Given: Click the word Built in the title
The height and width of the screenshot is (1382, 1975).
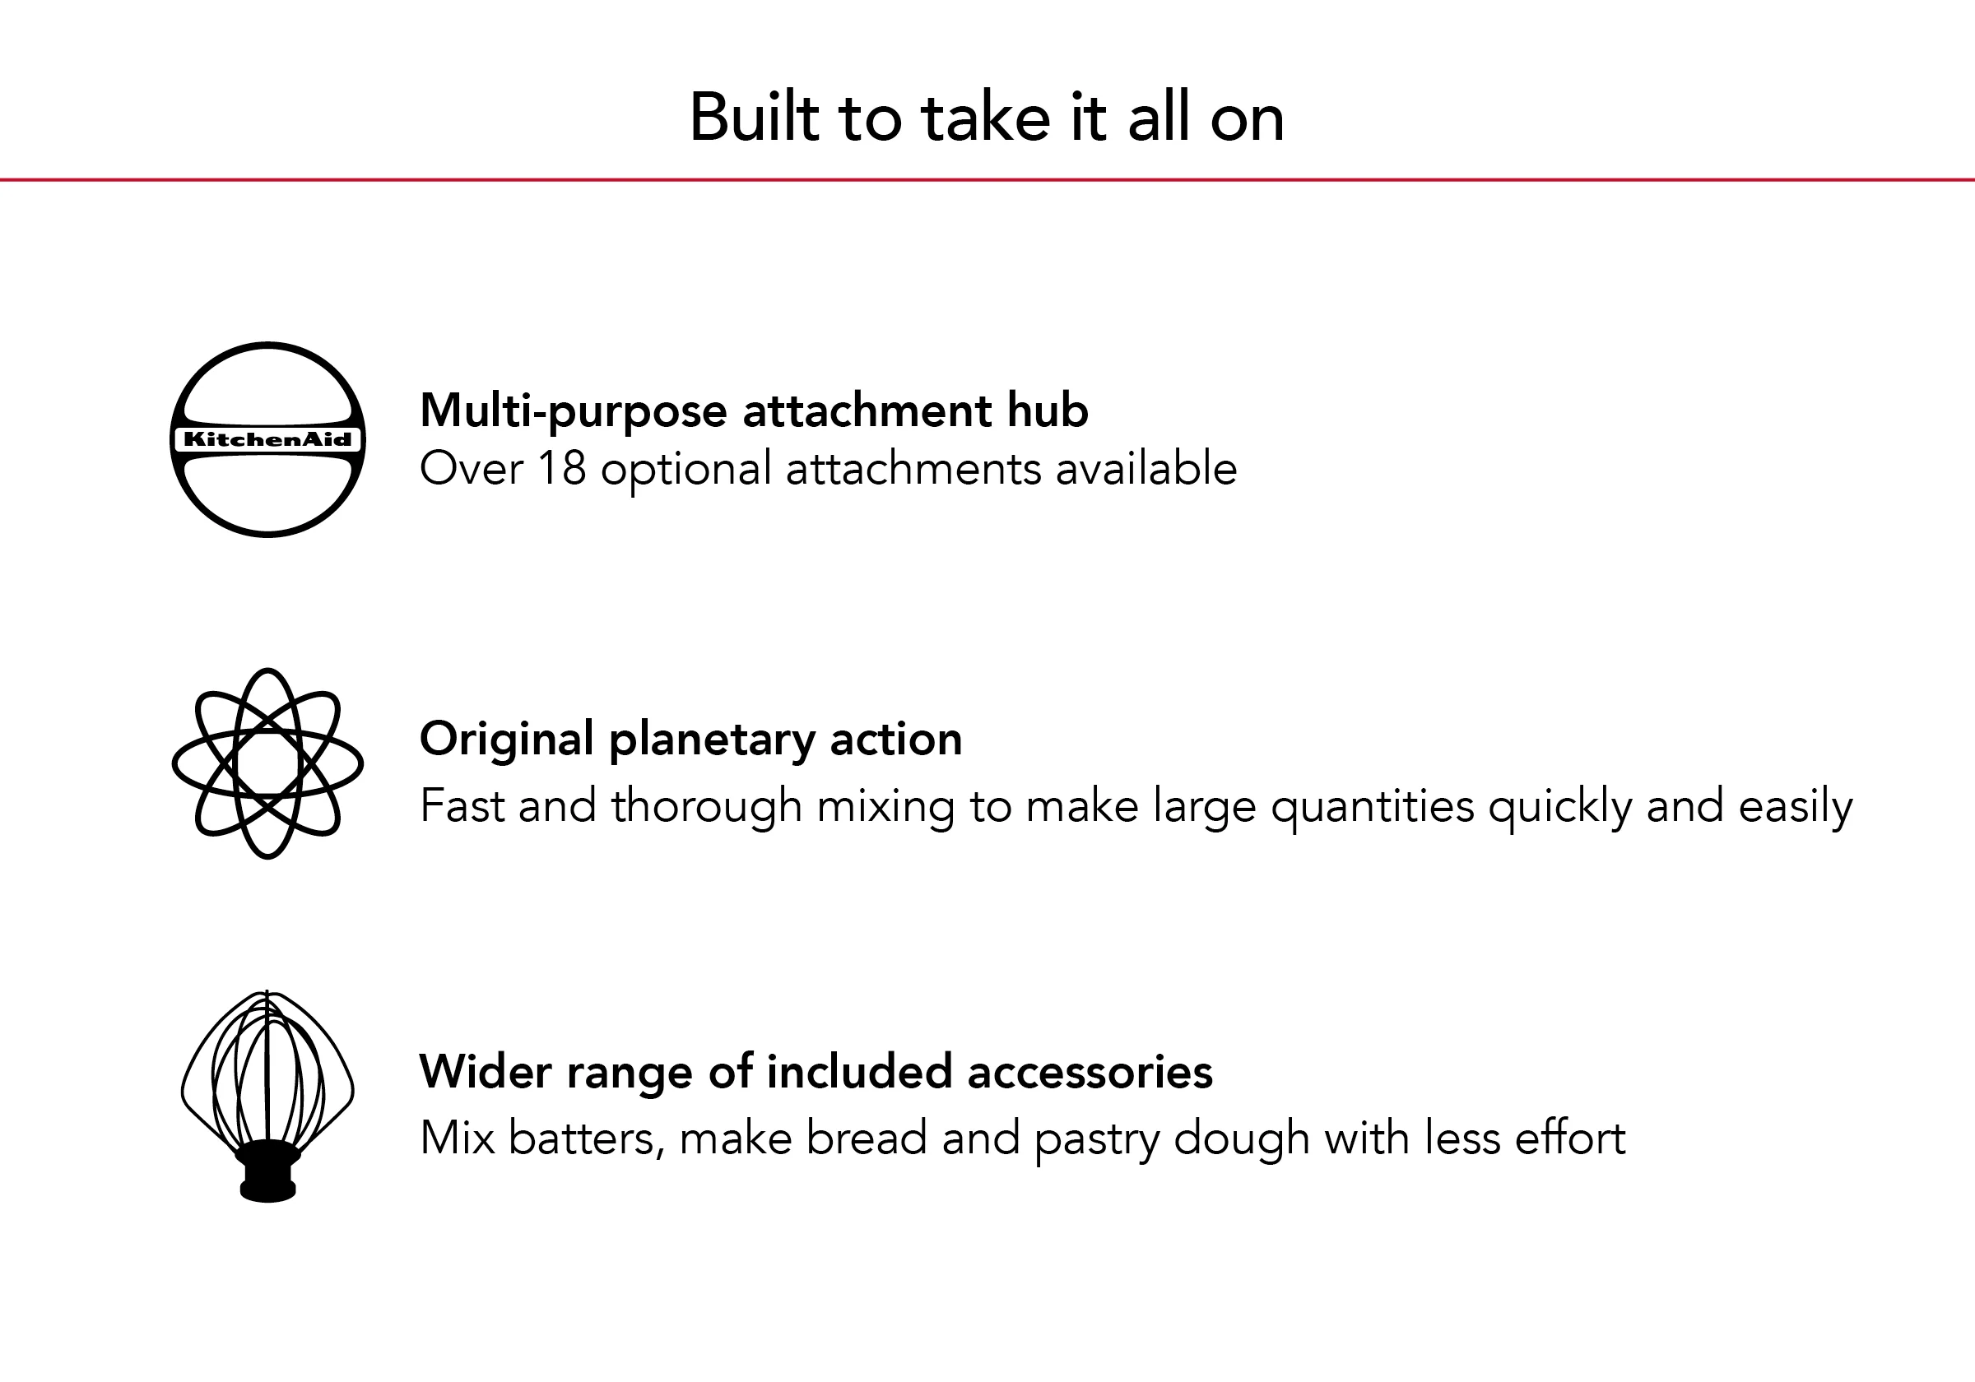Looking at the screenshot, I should [755, 118].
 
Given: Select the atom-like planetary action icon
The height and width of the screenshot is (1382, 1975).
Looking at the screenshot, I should [267, 763].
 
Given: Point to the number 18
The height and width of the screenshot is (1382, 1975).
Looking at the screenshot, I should [562, 469].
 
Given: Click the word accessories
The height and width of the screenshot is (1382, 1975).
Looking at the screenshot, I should [1090, 1072].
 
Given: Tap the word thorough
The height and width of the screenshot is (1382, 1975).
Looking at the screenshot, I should [706, 807].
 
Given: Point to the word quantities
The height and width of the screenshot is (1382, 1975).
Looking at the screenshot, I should [1373, 807].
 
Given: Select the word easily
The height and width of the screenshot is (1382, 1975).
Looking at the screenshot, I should [1796, 807].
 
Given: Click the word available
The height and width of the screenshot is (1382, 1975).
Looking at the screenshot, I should [1145, 469].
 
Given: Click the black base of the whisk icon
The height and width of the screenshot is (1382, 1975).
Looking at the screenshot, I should [267, 1171].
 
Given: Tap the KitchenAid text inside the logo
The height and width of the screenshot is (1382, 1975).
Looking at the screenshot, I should [267, 439].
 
